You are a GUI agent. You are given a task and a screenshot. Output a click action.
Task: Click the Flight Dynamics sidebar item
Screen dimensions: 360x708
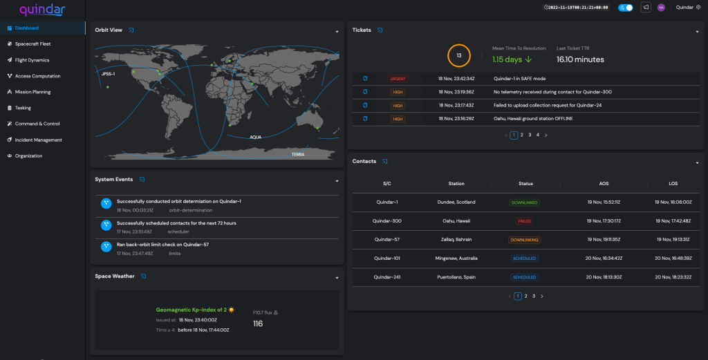(x=32, y=60)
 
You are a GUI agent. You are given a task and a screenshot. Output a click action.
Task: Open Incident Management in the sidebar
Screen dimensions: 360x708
(x=38, y=140)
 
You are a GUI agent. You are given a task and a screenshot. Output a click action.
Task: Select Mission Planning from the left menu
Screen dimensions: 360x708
(x=32, y=92)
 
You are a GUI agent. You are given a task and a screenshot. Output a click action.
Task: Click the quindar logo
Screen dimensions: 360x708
(x=44, y=9)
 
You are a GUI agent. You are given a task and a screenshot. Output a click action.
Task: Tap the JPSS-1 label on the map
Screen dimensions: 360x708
(x=109, y=73)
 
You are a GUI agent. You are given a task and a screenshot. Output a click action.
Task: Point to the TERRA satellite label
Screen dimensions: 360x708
(x=298, y=154)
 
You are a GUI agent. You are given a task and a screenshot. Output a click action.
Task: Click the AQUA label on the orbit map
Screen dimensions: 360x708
(x=257, y=137)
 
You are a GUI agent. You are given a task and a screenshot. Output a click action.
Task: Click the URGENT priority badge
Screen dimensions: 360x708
(x=398, y=79)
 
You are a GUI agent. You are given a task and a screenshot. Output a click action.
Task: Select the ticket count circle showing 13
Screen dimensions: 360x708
(x=458, y=55)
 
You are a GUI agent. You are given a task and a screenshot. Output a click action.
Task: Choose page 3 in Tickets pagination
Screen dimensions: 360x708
(x=530, y=135)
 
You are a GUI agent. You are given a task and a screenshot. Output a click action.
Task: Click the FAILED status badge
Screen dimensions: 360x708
(x=525, y=221)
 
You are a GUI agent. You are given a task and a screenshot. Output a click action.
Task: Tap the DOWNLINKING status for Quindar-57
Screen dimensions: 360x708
(x=525, y=240)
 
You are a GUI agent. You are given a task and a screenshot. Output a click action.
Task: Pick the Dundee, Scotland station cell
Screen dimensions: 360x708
(x=456, y=202)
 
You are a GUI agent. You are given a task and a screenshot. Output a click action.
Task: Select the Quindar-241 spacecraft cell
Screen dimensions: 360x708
(x=386, y=277)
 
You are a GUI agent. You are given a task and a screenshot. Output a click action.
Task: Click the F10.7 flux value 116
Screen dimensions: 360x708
(x=258, y=323)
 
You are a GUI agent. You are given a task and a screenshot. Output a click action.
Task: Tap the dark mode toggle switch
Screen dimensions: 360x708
(x=625, y=8)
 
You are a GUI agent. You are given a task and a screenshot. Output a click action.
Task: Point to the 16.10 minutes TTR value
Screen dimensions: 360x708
(x=580, y=59)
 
